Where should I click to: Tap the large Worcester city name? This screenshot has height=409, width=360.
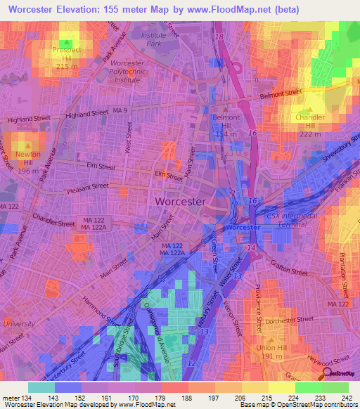click(x=179, y=201)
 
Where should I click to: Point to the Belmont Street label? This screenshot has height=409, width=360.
click(x=281, y=93)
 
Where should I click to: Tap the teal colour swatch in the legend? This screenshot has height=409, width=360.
click(x=41, y=387)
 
